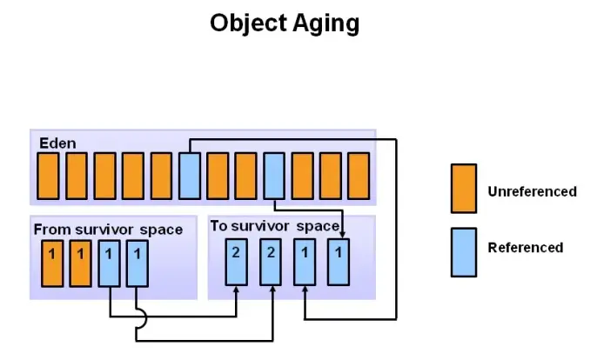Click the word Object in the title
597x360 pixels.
pos(245,23)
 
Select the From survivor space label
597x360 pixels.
pos(108,230)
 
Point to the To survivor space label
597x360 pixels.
pos(274,226)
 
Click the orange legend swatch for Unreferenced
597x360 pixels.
pos(463,189)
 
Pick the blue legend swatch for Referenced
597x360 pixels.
pos(463,251)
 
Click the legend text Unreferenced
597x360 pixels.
pos(532,191)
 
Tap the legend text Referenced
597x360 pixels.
pos(525,248)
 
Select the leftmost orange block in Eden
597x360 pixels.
pos(50,176)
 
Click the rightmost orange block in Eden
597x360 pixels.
pos(359,176)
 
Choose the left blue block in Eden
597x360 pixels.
pos(190,176)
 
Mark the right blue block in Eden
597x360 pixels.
pos(274,176)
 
